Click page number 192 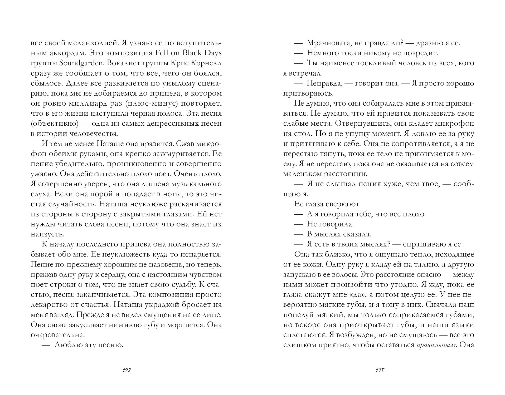(x=127, y=370)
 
